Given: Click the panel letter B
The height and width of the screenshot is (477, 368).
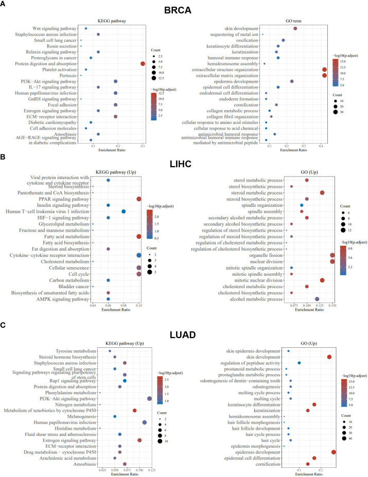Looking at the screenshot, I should click(4, 157).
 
